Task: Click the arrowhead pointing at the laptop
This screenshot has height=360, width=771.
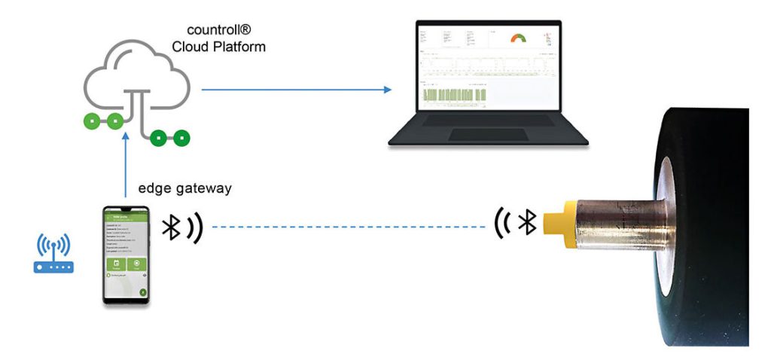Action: tap(388, 90)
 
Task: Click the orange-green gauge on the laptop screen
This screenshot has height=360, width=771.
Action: tap(519, 38)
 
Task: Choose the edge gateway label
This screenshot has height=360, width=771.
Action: tap(184, 189)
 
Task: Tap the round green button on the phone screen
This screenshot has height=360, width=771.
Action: tap(142, 292)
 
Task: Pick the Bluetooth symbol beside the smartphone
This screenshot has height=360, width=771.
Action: tap(173, 227)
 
